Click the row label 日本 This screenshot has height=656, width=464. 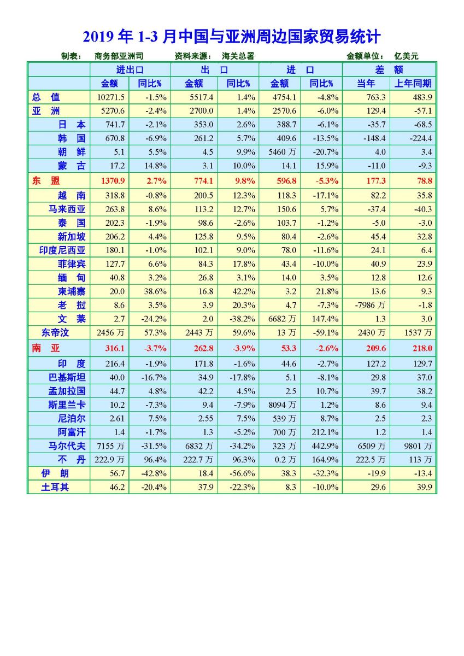pos(72,125)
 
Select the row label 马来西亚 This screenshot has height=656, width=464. pos(67,209)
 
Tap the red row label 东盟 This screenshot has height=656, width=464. pos(46,180)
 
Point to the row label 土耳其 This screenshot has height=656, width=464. pos(55,487)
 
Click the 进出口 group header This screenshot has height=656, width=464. pos(130,70)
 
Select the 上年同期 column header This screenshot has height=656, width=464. pos(413,84)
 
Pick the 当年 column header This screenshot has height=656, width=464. pos(366,84)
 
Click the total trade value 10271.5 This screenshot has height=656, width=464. pos(110,97)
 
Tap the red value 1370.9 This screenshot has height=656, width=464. pos(113,181)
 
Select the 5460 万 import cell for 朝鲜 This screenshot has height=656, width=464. pos(282,152)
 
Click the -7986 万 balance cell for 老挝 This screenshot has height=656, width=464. pos(370,305)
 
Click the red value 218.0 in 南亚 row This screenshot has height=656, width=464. pos(422,348)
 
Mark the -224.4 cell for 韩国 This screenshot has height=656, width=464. pos(421,138)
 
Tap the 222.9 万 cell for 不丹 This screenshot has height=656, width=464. pos(109,460)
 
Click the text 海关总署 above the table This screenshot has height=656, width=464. pos(238,56)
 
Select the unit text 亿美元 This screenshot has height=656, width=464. pos(406,56)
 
